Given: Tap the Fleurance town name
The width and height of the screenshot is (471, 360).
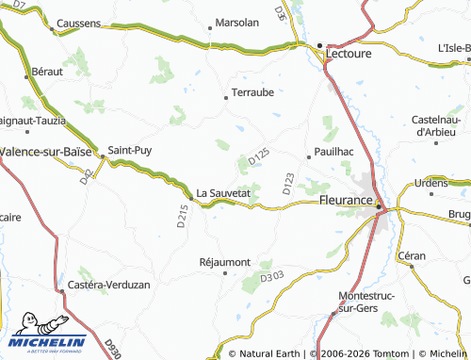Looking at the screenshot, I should (x=347, y=200).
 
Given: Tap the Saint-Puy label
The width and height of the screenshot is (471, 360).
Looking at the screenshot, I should (x=129, y=149).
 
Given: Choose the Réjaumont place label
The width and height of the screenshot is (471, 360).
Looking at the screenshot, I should (x=225, y=261).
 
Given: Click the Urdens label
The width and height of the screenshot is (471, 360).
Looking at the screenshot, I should (x=432, y=182).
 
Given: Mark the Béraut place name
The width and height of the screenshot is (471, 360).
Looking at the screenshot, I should (x=48, y=72).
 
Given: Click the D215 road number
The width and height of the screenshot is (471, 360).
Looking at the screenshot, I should (x=182, y=216).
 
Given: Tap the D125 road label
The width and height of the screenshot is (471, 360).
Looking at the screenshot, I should (x=259, y=157).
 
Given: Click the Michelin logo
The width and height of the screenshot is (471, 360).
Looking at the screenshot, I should (x=48, y=335).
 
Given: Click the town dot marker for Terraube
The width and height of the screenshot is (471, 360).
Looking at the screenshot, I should (x=225, y=96).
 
